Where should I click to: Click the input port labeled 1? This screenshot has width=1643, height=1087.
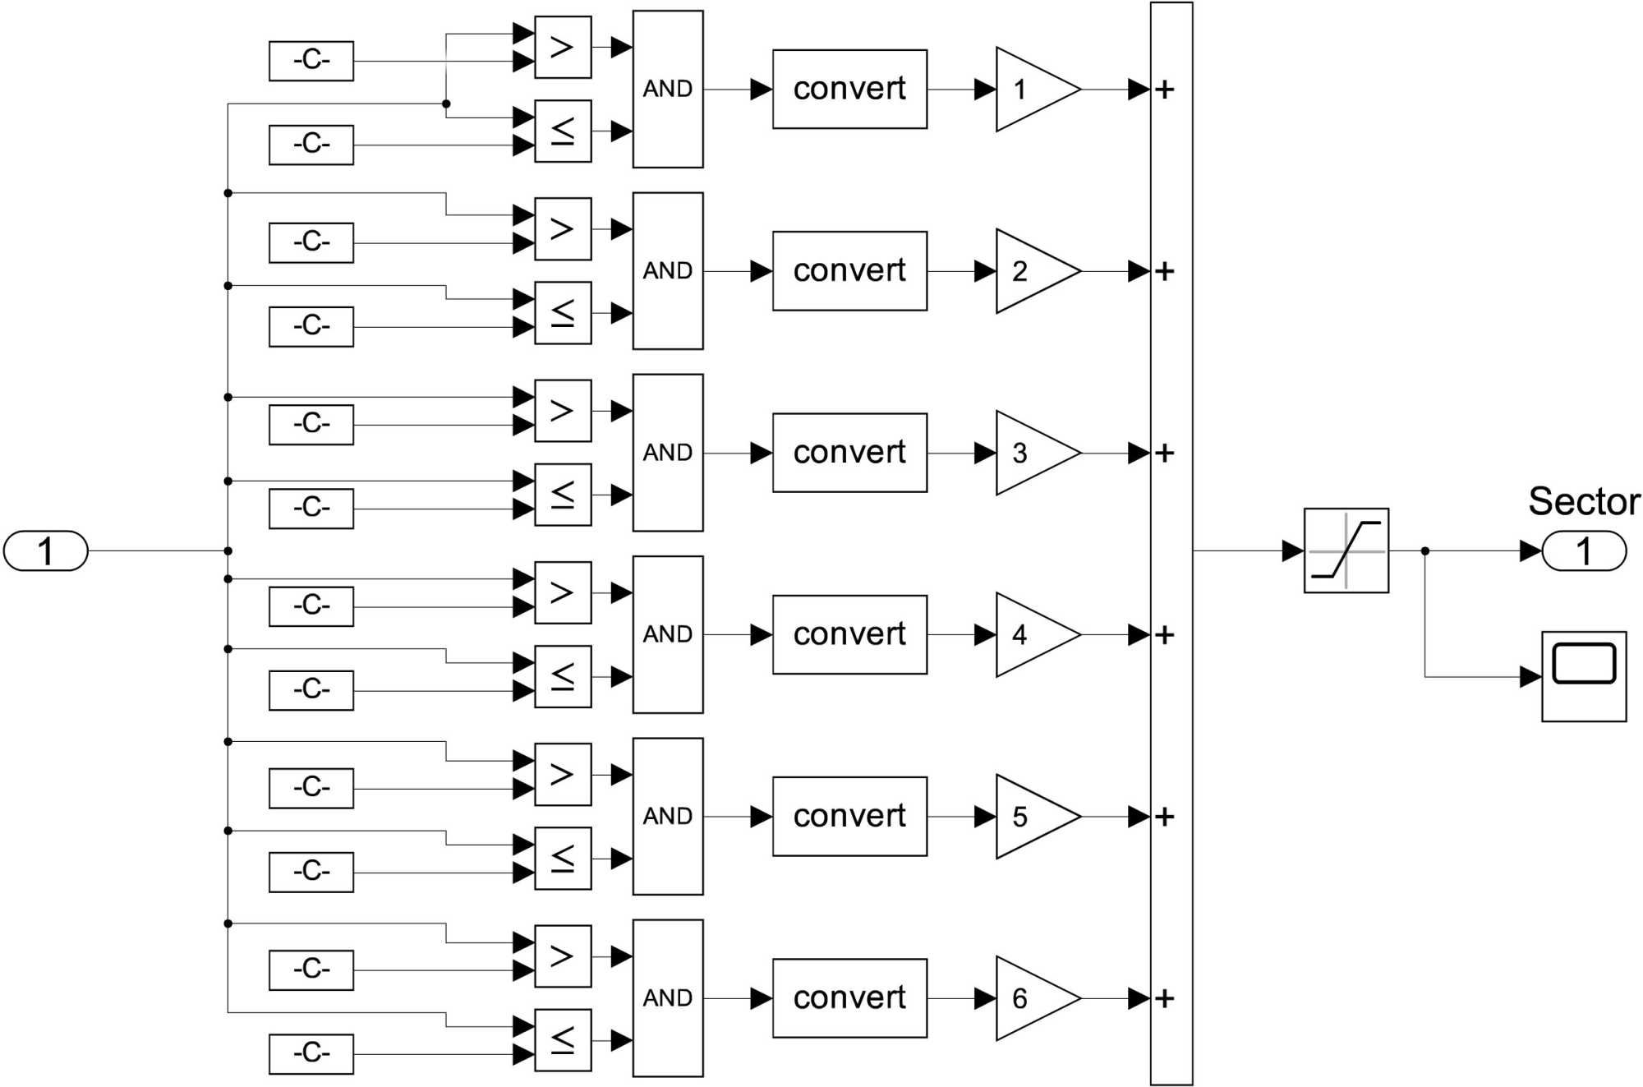[46, 550]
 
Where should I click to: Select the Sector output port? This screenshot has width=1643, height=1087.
[1584, 550]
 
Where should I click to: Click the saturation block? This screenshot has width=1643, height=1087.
[1346, 550]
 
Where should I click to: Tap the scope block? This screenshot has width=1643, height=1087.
[1584, 676]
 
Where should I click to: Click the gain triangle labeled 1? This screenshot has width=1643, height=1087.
[1031, 89]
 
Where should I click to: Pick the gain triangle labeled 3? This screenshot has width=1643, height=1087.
[1031, 453]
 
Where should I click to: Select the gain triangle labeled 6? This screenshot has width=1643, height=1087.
[1031, 998]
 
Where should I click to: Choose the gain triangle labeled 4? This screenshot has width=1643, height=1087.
[1031, 634]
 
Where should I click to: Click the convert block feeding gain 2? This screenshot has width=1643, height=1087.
[849, 271]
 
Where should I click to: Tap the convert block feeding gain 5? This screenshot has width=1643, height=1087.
[849, 816]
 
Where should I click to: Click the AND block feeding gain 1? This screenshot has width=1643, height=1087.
[668, 89]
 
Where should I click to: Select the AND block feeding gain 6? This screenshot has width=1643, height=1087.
[668, 997]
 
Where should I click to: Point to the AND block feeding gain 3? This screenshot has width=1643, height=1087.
[668, 453]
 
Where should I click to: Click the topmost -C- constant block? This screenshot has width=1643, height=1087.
[311, 61]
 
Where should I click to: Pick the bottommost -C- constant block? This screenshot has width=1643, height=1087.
[311, 1053]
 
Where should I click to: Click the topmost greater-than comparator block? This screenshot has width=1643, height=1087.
[563, 48]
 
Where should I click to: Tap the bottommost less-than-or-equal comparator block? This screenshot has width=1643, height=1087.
[563, 1040]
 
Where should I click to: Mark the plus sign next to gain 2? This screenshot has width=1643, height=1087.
[1165, 271]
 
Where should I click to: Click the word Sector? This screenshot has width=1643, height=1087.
[1584, 501]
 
